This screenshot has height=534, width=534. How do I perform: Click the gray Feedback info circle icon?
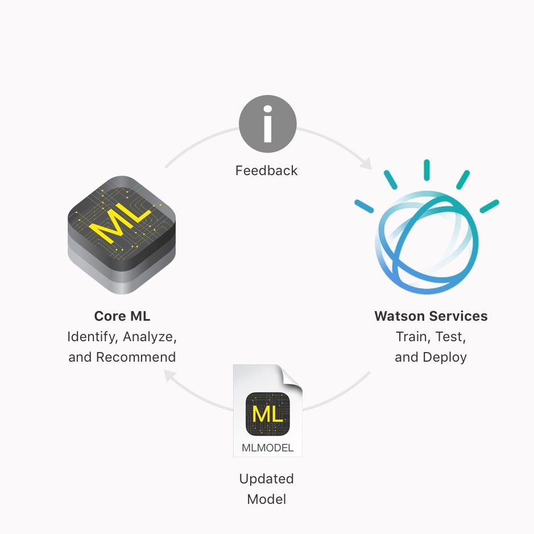tap(268, 123)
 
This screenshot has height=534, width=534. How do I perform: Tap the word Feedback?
tap(267, 171)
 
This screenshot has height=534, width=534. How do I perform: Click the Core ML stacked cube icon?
tap(122, 235)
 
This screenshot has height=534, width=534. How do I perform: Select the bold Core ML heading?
tap(122, 316)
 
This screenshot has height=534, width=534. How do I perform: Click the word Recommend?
tap(136, 357)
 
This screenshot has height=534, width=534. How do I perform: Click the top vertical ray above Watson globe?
tap(427, 169)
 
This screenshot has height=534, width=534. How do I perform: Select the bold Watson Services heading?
tap(431, 316)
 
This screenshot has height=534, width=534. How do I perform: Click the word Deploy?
tap(445, 358)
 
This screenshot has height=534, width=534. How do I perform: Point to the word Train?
tap(411, 337)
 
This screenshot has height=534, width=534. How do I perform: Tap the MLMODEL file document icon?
tap(268, 411)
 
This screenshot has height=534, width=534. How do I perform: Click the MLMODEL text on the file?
tap(268, 448)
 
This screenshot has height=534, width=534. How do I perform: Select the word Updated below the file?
tap(267, 479)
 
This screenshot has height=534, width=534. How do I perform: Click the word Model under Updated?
tap(267, 499)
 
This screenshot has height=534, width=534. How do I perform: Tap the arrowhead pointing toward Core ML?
tap(169, 376)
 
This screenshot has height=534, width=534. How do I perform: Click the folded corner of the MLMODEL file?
tap(291, 376)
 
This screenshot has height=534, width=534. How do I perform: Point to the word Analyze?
tap(150, 337)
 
